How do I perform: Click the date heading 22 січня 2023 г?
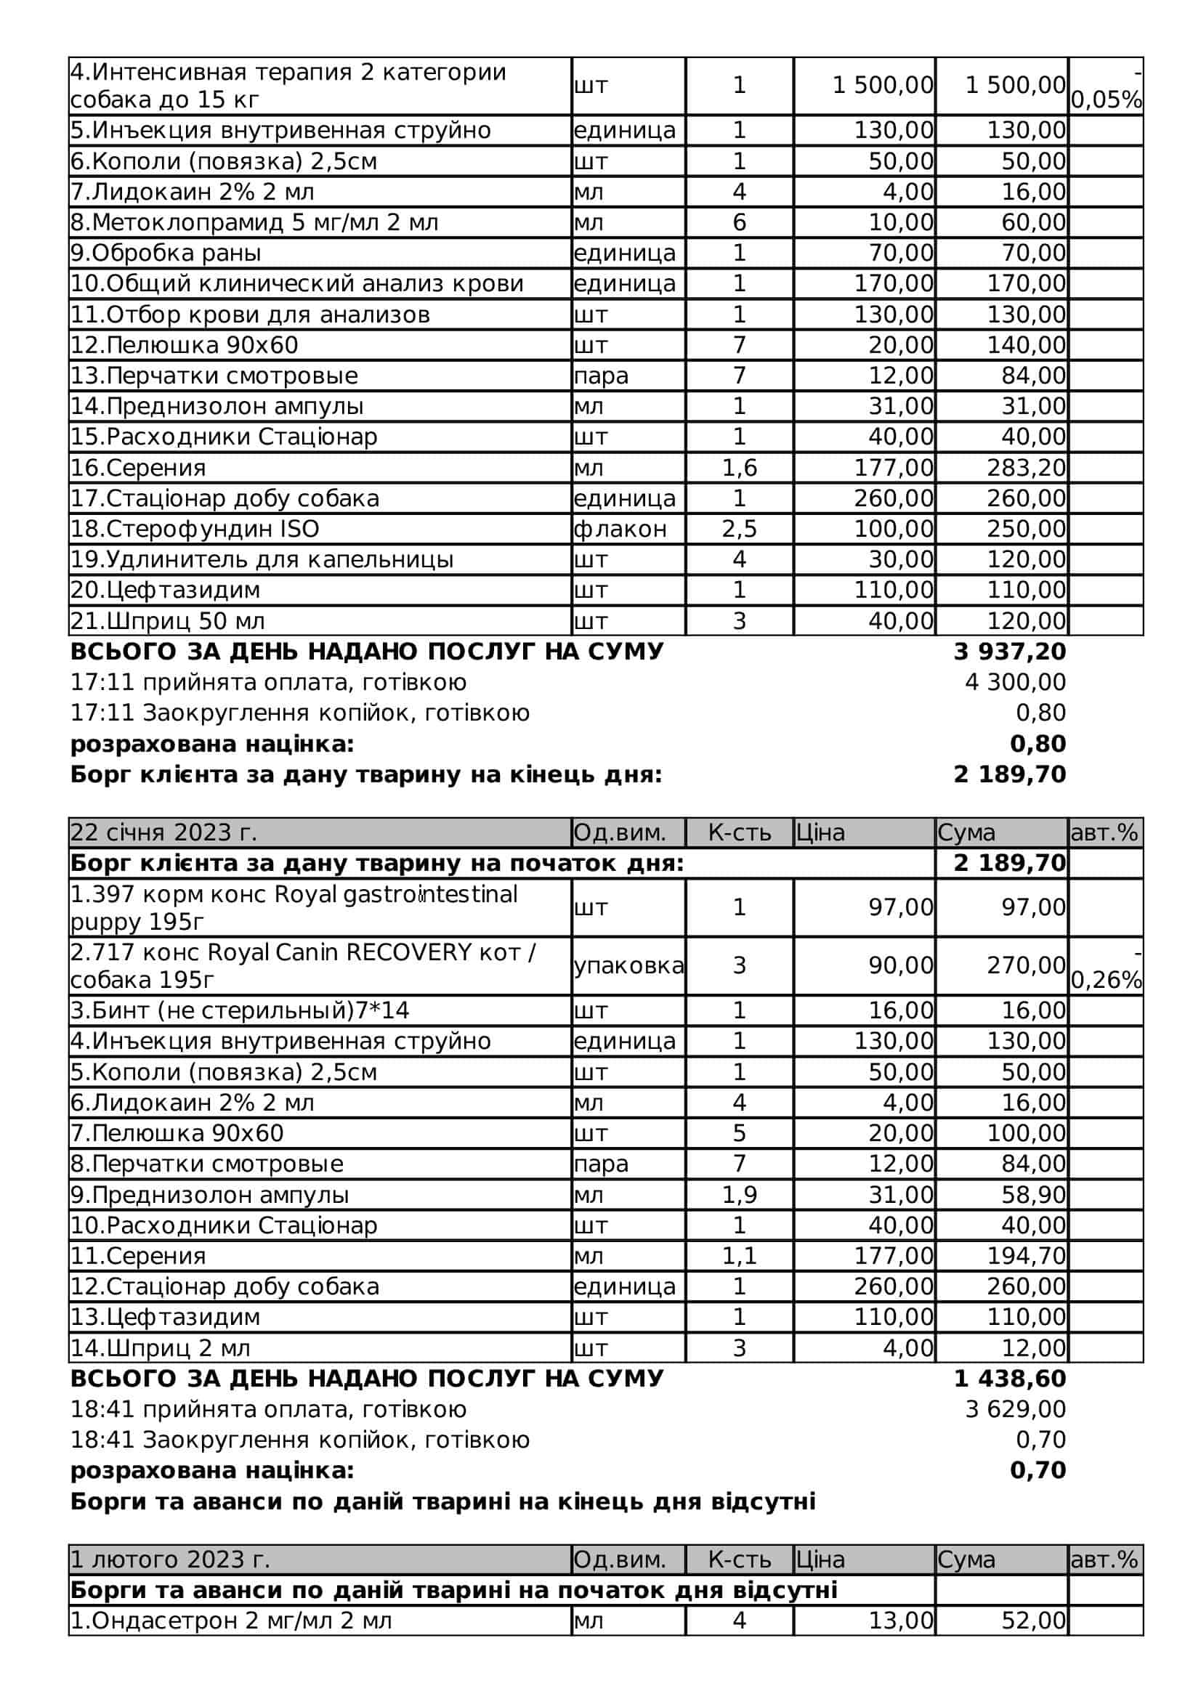click(163, 832)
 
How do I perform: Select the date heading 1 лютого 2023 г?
click(169, 1560)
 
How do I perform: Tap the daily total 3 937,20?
click(1009, 651)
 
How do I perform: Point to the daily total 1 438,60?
click(1009, 1379)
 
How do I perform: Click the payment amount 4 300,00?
click(1014, 682)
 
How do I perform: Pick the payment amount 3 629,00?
click(1014, 1409)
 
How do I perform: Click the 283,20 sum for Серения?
click(1026, 468)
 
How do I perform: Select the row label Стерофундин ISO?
click(195, 529)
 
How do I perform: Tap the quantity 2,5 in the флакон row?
click(738, 529)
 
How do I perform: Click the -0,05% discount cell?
click(1106, 86)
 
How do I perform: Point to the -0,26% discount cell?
click(1106, 966)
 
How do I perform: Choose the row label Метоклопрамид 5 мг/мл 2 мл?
click(254, 222)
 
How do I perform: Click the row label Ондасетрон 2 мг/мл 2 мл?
click(231, 1621)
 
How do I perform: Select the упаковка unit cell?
click(628, 965)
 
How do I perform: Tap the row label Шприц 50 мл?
click(167, 621)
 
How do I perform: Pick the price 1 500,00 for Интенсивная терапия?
click(882, 86)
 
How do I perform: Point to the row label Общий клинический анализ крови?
click(296, 283)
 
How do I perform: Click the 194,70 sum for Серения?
click(1026, 1256)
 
